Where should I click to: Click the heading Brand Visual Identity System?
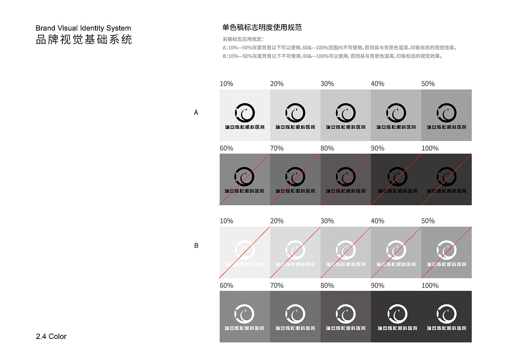pos(83,28)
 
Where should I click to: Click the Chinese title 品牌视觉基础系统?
pos(84,40)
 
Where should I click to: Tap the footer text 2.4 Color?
pos(51,337)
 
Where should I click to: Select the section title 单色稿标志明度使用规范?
pos(262,27)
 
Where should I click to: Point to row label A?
pos(196,113)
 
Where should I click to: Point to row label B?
pos(196,246)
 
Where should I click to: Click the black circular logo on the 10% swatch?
pos(245,113)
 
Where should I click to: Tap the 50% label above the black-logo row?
pos(428,84)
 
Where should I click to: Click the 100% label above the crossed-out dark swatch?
pos(430,148)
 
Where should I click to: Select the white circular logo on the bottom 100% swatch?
pos(446,314)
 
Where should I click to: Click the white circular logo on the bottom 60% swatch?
pos(245,314)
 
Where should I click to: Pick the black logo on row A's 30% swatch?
pos(345,113)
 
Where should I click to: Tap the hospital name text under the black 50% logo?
pos(446,127)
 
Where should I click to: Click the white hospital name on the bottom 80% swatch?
pos(345,329)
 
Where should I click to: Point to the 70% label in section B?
pos(277,286)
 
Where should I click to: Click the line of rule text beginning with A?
pos(340,48)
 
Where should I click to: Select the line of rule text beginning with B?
pos(332,56)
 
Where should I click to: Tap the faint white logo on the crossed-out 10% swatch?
pos(245,250)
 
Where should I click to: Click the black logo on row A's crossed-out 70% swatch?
pos(295,177)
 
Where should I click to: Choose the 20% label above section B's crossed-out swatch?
pos(277,221)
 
